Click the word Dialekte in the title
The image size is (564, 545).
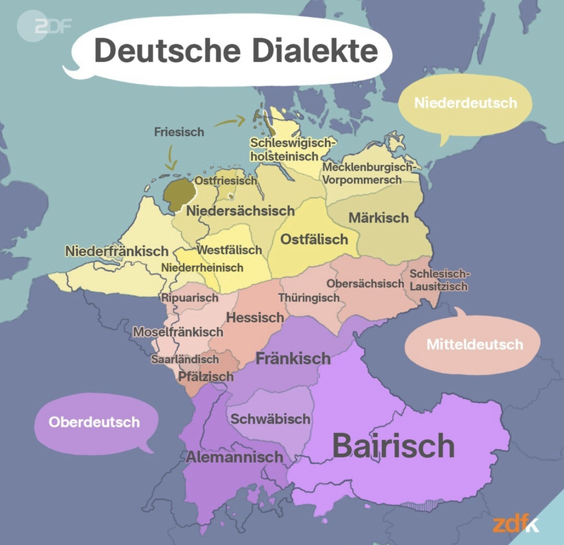point(301,51)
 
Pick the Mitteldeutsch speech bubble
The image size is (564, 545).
point(474,345)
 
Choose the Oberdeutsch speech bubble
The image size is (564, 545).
point(94,422)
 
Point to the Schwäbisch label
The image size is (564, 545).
point(270,419)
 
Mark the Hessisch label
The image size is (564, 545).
point(255,318)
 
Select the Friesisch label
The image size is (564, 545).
point(178,132)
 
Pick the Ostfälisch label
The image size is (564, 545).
point(314,240)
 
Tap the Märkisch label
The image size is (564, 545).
point(378,218)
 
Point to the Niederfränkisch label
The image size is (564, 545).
point(116,251)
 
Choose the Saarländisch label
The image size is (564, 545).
point(185,360)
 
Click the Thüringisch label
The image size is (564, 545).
point(309,298)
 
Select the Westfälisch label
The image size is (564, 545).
point(229,250)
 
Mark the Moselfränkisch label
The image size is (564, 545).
point(178,331)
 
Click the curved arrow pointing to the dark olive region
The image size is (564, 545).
point(171,159)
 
